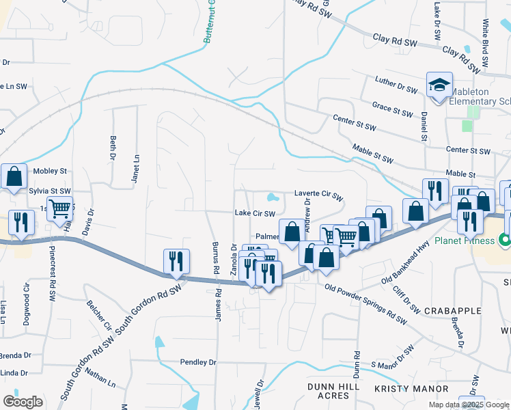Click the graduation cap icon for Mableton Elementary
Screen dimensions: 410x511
point(439,85)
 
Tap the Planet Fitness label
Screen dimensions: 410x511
point(466,241)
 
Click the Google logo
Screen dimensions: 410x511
point(23,401)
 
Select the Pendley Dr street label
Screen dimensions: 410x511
point(198,361)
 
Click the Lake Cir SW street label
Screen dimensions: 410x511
point(255,213)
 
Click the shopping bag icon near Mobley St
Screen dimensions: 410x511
point(14,176)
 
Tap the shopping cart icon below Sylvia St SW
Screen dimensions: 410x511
point(60,207)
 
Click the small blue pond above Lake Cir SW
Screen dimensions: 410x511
point(273,199)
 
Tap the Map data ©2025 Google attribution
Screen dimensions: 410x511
point(469,405)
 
